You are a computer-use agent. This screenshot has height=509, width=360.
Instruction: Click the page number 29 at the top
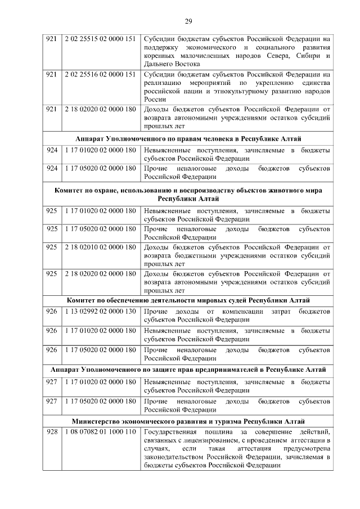tap(188, 21)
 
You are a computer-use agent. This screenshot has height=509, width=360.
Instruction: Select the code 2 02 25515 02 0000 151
tap(100, 39)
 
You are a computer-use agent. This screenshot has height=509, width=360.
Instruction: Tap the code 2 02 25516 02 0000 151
tap(100, 74)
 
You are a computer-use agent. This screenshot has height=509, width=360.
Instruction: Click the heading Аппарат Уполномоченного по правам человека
tap(188, 138)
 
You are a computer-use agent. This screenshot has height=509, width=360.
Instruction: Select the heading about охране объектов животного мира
tap(188, 195)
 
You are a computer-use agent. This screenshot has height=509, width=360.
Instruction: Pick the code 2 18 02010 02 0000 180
tap(100, 246)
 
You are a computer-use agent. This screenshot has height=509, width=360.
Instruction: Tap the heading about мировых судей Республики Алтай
tap(188, 300)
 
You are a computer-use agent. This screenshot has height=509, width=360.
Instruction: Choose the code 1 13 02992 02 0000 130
tap(100, 311)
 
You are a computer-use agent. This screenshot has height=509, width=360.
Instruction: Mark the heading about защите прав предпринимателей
tap(188, 370)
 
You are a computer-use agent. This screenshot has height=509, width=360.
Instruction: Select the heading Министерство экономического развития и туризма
tap(188, 421)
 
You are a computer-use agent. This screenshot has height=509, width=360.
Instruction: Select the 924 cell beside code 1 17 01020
tap(52, 150)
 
